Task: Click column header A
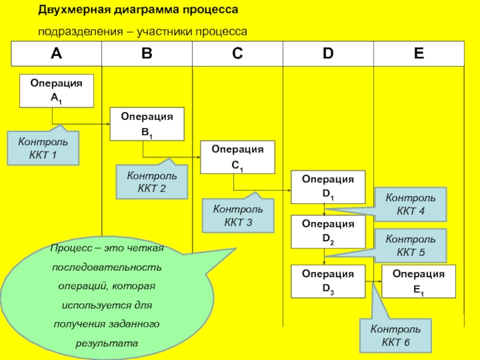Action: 56,54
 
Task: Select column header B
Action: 147,54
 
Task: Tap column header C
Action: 238,54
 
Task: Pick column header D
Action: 328,54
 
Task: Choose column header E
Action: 418,54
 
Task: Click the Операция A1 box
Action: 56,91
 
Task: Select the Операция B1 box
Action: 147,124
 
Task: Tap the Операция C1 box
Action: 238,157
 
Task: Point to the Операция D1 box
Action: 328,187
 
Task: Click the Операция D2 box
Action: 328,232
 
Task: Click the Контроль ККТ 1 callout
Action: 43,148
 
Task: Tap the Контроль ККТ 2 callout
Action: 151,182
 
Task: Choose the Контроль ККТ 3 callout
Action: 238,216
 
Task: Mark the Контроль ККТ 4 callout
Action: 410,204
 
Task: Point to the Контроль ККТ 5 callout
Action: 410,245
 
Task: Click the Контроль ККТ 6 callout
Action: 395,335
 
